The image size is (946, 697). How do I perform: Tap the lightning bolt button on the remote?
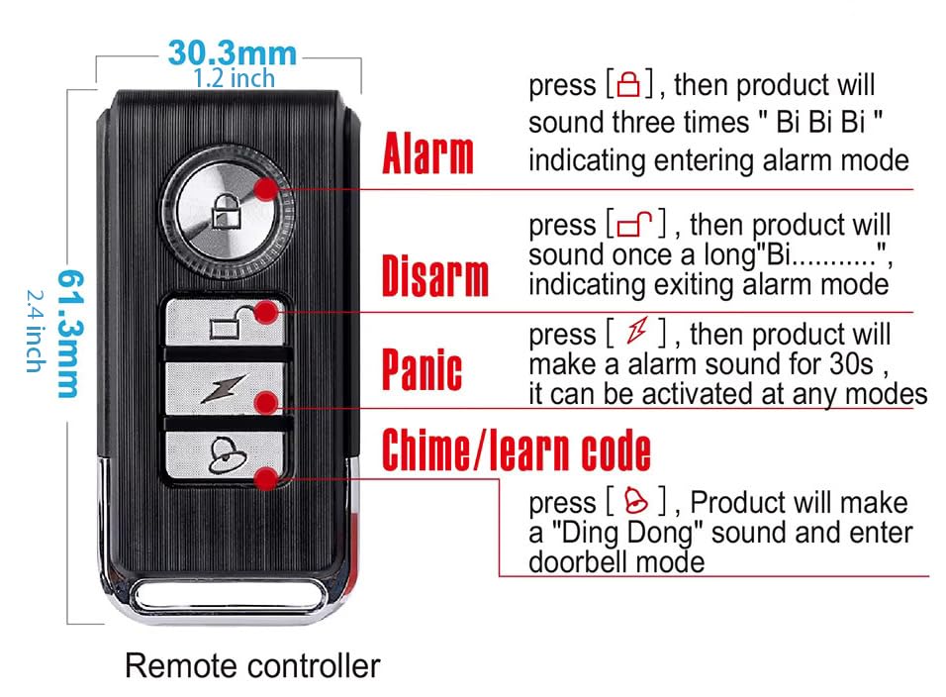pyautogui.click(x=225, y=389)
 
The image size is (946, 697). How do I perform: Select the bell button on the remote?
pyautogui.click(x=225, y=455)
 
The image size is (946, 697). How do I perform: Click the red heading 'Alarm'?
pyautogui.click(x=427, y=153)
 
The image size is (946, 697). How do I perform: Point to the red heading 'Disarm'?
pyautogui.click(x=435, y=276)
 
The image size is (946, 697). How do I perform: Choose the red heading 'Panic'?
pyautogui.click(x=423, y=368)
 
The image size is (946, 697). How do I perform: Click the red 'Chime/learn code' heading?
pyautogui.click(x=517, y=449)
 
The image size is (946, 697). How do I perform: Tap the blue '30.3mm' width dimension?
pyautogui.click(x=233, y=53)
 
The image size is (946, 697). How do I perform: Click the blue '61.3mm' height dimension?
pyautogui.click(x=70, y=334)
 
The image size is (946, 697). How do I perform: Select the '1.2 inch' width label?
pyautogui.click(x=235, y=78)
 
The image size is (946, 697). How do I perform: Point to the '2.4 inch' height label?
pyautogui.click(x=36, y=332)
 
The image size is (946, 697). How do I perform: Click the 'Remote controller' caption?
pyautogui.click(x=252, y=666)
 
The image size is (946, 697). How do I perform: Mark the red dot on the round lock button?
pyautogui.click(x=266, y=189)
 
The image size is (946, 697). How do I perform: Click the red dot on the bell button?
pyautogui.click(x=266, y=478)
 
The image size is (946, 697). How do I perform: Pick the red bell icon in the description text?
pyautogui.click(x=636, y=500)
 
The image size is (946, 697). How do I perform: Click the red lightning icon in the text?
pyautogui.click(x=637, y=330)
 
